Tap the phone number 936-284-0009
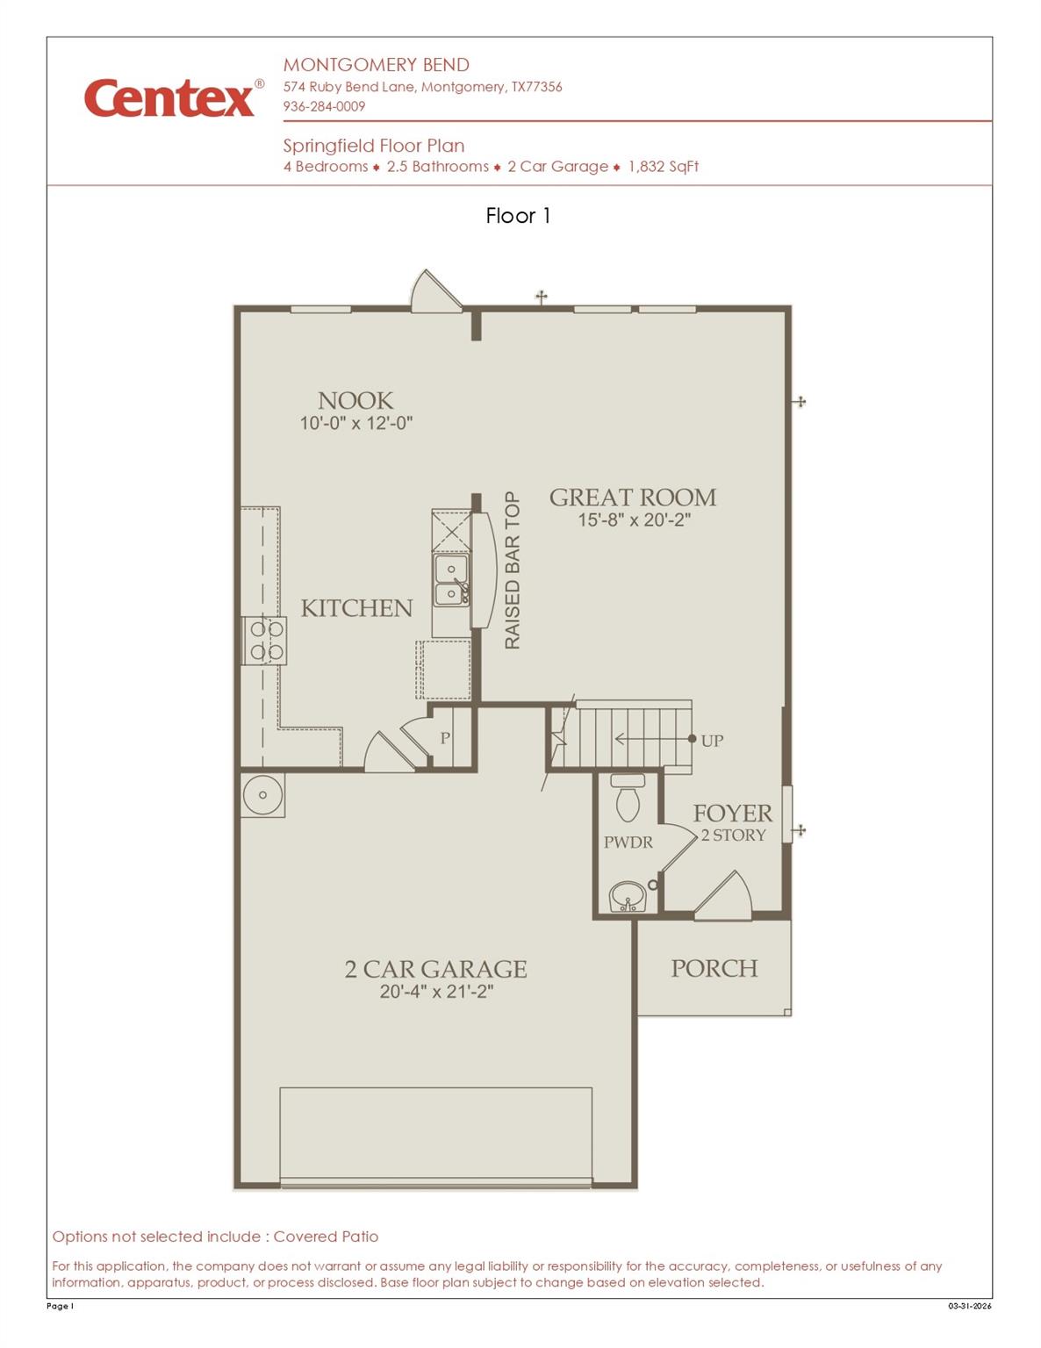[x=324, y=106]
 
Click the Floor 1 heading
[x=518, y=216]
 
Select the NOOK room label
[x=355, y=401]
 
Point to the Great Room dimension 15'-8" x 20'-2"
[x=634, y=520]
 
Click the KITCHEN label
[x=356, y=608]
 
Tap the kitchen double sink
[x=452, y=581]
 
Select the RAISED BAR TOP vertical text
[x=513, y=570]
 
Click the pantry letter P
[x=445, y=738]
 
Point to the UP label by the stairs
[x=712, y=741]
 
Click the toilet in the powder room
[x=628, y=799]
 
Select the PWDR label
[x=628, y=842]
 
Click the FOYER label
[x=733, y=814]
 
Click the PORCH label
[x=714, y=968]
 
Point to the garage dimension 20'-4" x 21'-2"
[x=436, y=992]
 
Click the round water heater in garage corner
[x=262, y=795]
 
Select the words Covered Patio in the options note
[x=326, y=1237]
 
